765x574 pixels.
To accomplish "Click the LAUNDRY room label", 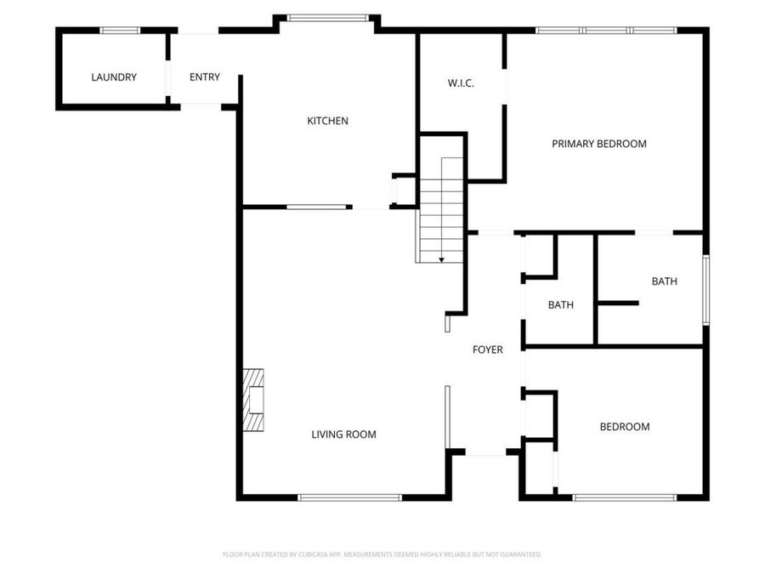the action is point(114,77).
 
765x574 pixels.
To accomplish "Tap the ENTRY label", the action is point(204,77).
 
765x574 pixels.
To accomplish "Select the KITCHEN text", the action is point(327,121).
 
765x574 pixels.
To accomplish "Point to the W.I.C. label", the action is point(461,83).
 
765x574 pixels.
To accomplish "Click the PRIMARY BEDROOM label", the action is point(599,144).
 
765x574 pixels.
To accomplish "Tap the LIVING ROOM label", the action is point(343,435).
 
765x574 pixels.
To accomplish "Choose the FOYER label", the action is point(487,350).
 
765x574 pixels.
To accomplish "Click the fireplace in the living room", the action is point(253,401).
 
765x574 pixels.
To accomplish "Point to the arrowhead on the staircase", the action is point(441,260).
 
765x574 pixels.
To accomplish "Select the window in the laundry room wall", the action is point(120,31).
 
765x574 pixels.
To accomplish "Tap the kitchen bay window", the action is point(328,18).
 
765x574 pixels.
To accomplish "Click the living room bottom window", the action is point(350,497).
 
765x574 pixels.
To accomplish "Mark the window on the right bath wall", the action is point(706,289).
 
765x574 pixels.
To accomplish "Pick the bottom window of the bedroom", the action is point(625,497).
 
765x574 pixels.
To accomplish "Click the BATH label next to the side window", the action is point(665,281).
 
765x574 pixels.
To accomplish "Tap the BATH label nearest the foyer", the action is point(561,305).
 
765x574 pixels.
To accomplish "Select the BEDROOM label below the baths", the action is point(625,427).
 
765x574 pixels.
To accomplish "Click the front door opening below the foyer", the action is point(485,453).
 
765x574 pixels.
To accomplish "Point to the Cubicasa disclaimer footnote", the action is point(382,554).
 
